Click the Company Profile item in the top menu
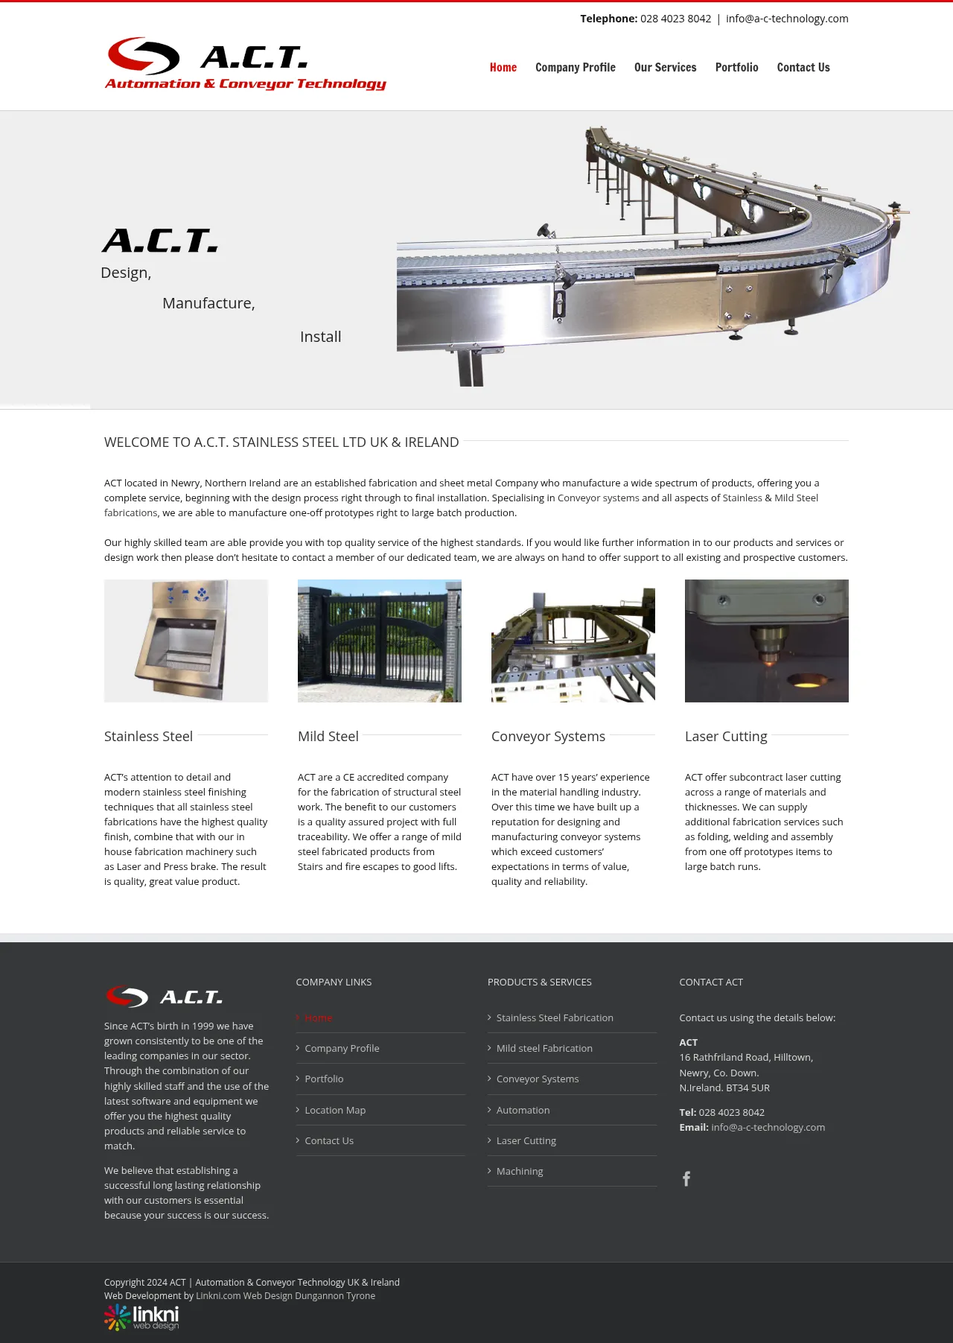coord(575,67)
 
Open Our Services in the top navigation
coord(665,67)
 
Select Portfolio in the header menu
coord(736,67)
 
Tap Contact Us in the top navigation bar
coord(803,67)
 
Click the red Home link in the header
coord(503,67)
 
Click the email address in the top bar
coord(787,19)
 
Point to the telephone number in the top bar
coord(675,19)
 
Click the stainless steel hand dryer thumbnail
coord(186,641)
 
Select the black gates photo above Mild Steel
coord(380,641)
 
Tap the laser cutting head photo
coord(767,641)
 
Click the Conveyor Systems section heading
coord(548,737)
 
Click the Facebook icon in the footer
coord(686,1178)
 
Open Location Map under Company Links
coord(335,1110)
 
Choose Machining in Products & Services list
coord(520,1171)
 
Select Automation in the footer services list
coord(523,1110)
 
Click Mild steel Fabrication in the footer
coord(544,1048)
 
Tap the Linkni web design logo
coord(141,1317)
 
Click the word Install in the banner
coord(320,337)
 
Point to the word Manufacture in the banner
coord(208,303)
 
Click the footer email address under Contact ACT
coord(768,1127)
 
